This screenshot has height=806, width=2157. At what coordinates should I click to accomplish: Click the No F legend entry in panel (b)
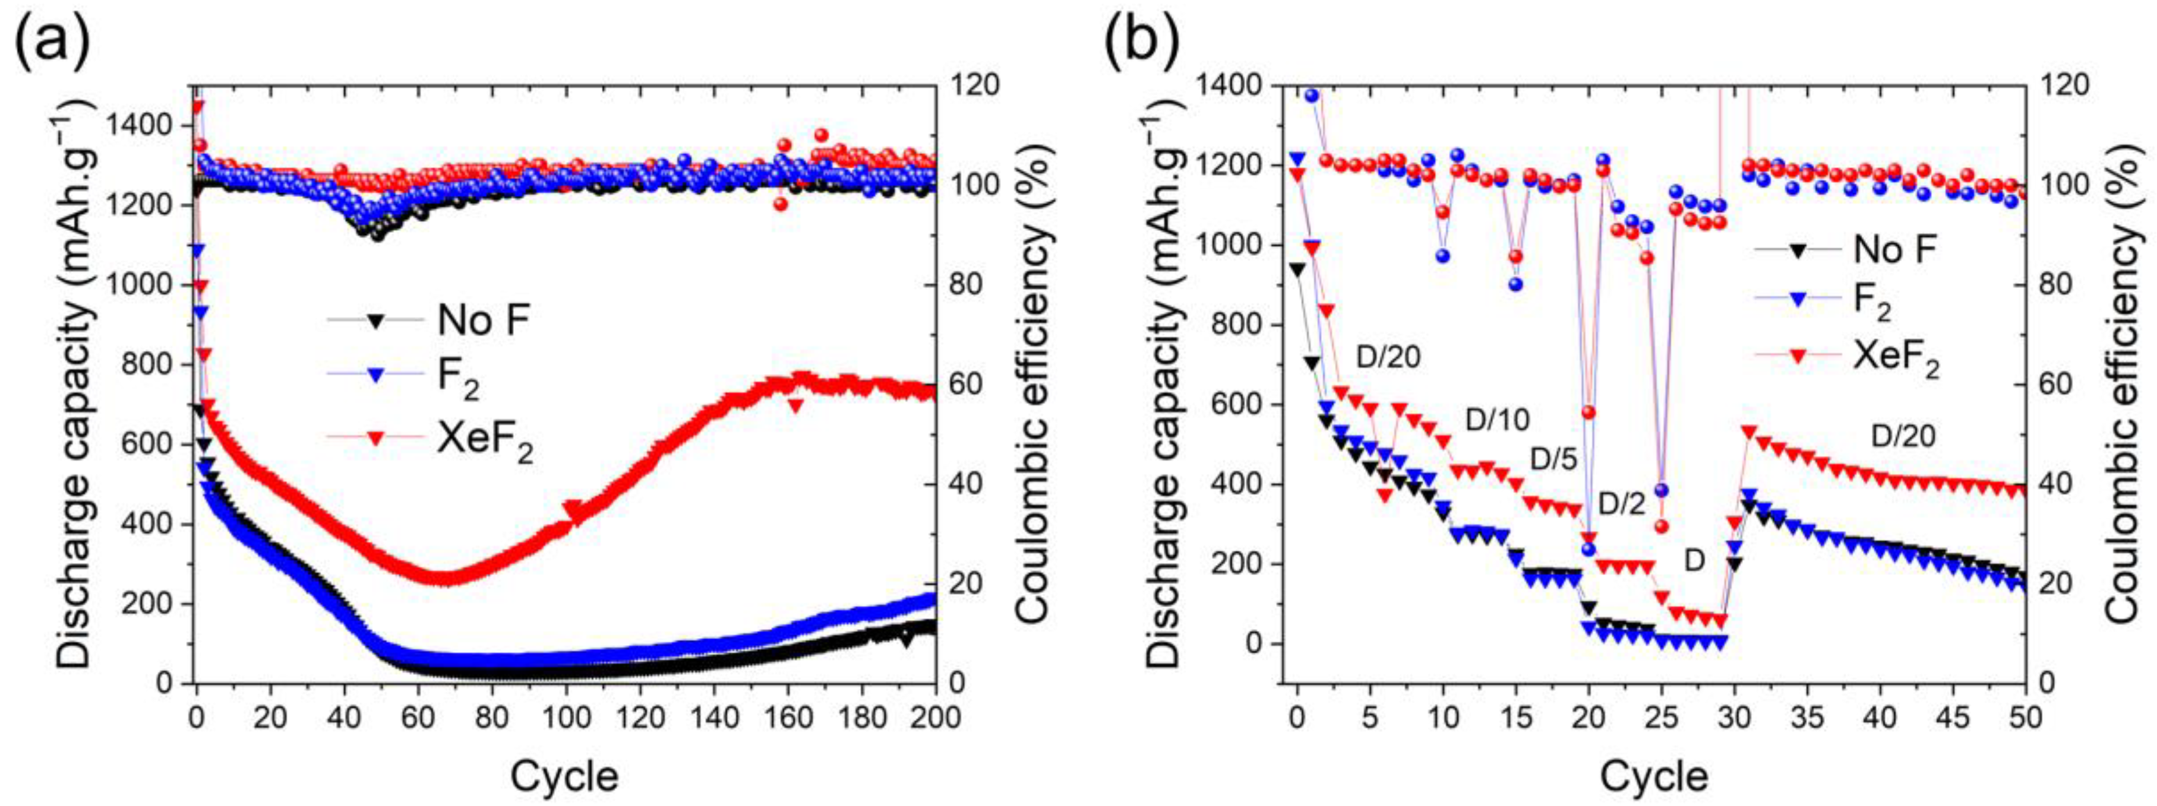coord(1847,249)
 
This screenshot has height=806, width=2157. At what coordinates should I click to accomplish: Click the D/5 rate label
coord(1553,459)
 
